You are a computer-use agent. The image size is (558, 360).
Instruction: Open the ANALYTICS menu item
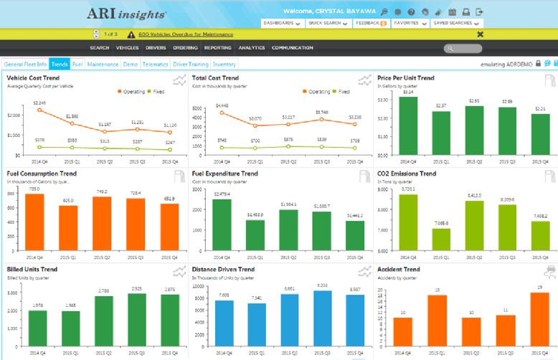tap(251, 48)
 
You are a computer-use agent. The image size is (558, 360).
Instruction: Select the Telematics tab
tap(155, 64)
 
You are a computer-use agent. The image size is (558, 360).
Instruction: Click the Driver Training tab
tap(190, 64)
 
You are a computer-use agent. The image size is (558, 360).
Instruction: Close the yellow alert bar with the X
tap(480, 34)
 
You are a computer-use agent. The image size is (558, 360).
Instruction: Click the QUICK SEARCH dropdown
tap(327, 23)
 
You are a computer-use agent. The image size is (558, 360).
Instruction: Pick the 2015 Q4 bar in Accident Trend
tap(520, 318)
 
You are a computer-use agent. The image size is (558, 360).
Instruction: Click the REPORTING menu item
tap(217, 48)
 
